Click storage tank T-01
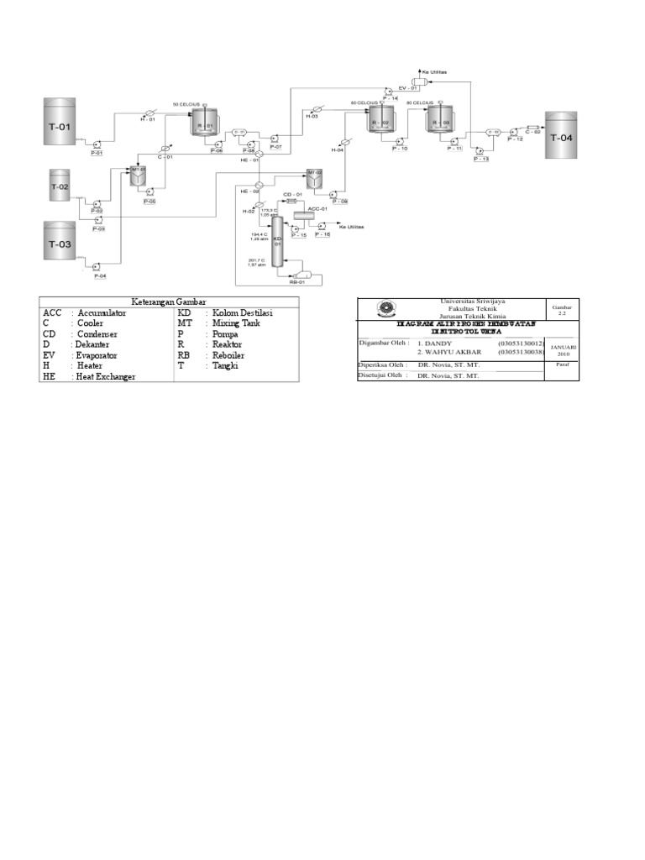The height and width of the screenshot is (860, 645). click(64, 127)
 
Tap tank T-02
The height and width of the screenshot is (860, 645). click(59, 186)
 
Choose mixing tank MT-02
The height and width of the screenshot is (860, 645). click(314, 177)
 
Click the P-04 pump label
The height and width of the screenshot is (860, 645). click(100, 275)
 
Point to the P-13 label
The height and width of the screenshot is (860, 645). click(480, 159)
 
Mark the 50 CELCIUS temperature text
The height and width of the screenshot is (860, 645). click(187, 104)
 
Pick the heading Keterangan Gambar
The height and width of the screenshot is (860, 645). click(168, 302)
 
